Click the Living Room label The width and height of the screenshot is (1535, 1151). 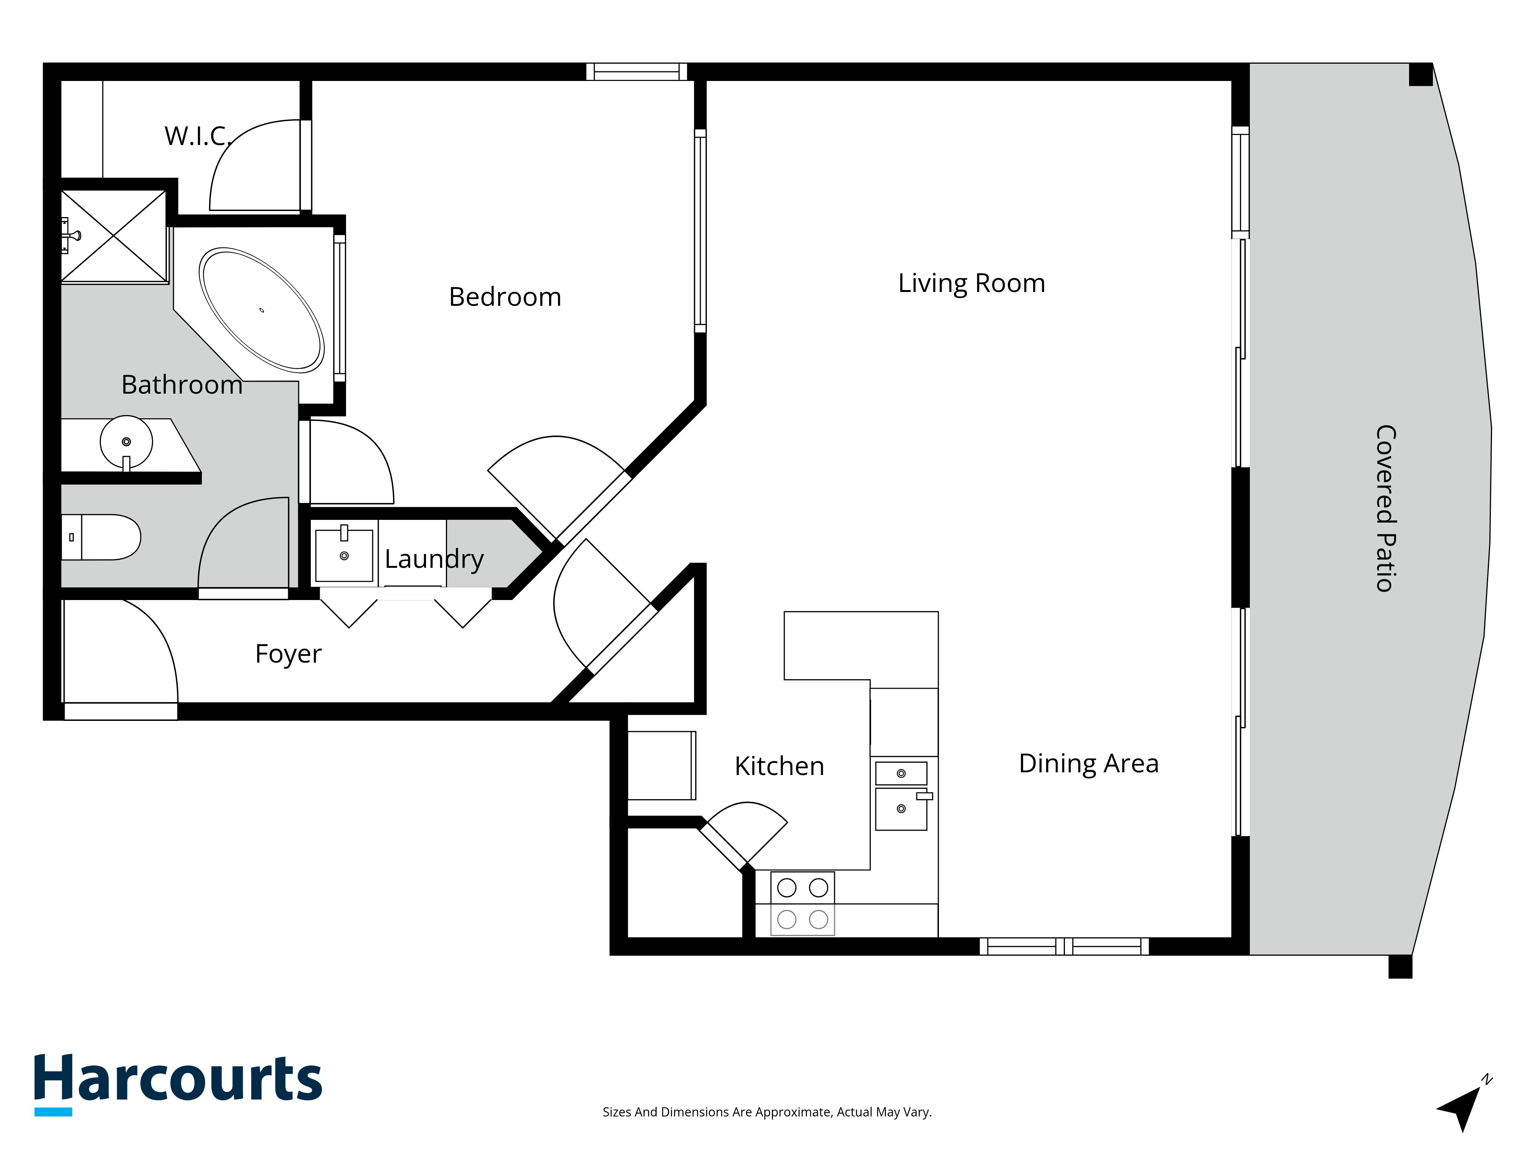pyautogui.click(x=972, y=284)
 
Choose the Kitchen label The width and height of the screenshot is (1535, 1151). pyautogui.click(x=779, y=767)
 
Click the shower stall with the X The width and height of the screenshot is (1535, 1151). pyautogui.click(x=114, y=236)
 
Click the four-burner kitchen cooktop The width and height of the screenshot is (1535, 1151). pyautogui.click(x=802, y=903)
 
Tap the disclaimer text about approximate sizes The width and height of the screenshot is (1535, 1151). pyautogui.click(x=767, y=1112)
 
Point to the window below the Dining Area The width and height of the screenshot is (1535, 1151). pyautogui.click(x=1064, y=947)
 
